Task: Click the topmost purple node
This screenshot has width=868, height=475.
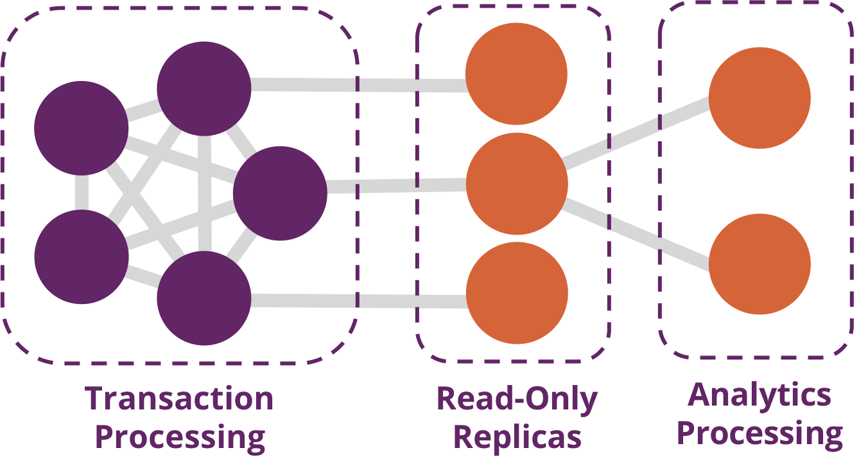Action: (204, 88)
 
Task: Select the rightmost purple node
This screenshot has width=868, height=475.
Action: (280, 193)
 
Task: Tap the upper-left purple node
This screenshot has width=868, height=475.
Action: (82, 128)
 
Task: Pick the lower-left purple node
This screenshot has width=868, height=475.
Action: (82, 256)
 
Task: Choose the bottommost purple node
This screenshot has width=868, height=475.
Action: (204, 298)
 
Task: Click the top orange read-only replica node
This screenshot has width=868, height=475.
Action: (516, 74)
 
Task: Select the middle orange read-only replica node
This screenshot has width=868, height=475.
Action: (517, 184)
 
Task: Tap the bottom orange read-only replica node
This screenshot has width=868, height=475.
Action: (517, 292)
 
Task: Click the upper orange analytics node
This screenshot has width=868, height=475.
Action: (759, 98)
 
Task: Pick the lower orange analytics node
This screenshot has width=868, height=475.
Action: (759, 264)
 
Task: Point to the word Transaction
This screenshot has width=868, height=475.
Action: (179, 399)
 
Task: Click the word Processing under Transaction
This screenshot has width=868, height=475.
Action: (180, 437)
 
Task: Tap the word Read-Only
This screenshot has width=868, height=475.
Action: (517, 399)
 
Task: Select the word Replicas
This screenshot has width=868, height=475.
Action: (517, 437)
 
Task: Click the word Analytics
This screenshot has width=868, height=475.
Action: (759, 395)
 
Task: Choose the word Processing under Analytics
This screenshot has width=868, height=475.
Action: (759, 433)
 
